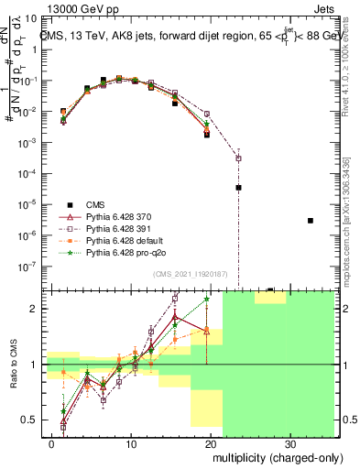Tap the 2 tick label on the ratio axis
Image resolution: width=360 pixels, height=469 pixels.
[35, 309]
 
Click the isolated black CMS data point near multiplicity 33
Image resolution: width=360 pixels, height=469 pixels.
[311, 221]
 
